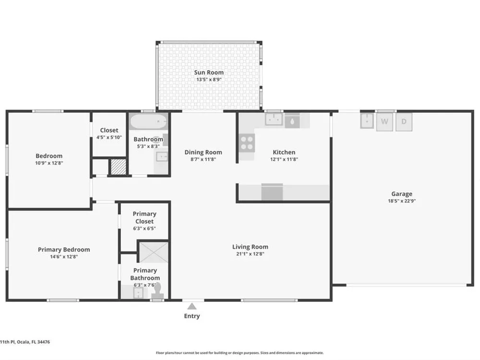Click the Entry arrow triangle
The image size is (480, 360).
pyautogui.click(x=192, y=306)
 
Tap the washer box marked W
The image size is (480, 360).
pyautogui.click(x=384, y=122)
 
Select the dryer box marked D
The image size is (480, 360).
pyautogui.click(x=404, y=122)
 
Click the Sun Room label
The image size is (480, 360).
pyautogui.click(x=209, y=72)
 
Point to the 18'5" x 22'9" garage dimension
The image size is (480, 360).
pyautogui.click(x=402, y=201)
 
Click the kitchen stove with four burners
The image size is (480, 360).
pyautogui.click(x=247, y=143)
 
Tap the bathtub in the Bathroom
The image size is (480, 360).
pyautogui.click(x=148, y=121)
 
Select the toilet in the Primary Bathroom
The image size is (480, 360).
pyautogui.click(x=157, y=291)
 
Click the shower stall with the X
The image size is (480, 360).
pyautogui.click(x=154, y=252)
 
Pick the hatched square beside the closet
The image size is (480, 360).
pyautogui.click(x=118, y=167)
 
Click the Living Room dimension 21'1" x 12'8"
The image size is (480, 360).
pyautogui.click(x=250, y=254)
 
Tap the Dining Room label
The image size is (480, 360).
pyautogui.click(x=203, y=152)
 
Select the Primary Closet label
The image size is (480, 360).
pyautogui.click(x=144, y=217)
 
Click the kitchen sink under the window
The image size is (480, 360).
pyautogui.click(x=274, y=119)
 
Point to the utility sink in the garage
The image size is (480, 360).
pyautogui.click(x=367, y=120)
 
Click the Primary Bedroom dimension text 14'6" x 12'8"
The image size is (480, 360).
pyautogui.click(x=64, y=257)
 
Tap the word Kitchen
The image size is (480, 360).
pyautogui.click(x=284, y=152)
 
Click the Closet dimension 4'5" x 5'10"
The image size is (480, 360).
pyautogui.click(x=109, y=137)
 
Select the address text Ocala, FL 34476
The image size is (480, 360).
pyautogui.click(x=34, y=342)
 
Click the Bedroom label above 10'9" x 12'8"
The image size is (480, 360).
pyautogui.click(x=49, y=156)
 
